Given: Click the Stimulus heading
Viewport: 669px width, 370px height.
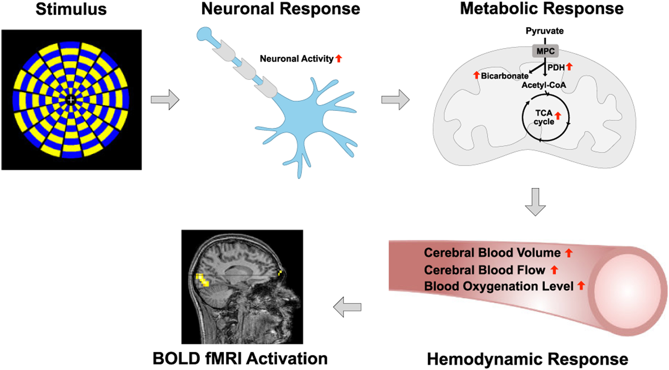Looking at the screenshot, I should click(x=71, y=9).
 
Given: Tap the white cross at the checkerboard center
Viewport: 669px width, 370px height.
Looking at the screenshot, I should click(x=71, y=100).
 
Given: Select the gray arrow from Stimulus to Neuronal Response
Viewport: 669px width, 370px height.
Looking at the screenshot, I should click(x=165, y=100).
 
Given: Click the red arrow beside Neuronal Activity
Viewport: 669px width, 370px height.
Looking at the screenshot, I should click(x=339, y=58).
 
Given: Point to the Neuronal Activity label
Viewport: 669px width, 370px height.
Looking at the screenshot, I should click(x=297, y=59).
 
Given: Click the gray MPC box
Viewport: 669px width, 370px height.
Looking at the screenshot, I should click(x=545, y=51).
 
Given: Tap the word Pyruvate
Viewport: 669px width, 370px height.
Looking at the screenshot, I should click(x=544, y=31).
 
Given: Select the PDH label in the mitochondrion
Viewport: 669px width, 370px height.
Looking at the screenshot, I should click(x=556, y=68).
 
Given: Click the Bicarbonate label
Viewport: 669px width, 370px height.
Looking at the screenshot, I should click(x=505, y=76).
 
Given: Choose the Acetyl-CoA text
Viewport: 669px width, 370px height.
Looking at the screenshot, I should click(x=544, y=85).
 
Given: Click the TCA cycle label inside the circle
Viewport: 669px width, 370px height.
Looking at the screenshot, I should click(x=544, y=118).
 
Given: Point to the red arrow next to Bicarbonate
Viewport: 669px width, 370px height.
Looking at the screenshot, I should click(x=476, y=75).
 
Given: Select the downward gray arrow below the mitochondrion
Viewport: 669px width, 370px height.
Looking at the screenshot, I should click(x=535, y=202).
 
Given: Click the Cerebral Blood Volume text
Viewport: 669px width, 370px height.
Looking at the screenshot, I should click(x=492, y=253).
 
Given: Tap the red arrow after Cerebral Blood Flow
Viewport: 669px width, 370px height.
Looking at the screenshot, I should click(x=554, y=270).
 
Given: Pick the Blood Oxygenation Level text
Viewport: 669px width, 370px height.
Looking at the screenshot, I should click(x=499, y=286).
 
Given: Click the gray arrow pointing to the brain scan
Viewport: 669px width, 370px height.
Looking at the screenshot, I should click(x=347, y=307).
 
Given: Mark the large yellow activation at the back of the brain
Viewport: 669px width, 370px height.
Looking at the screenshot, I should click(x=202, y=280).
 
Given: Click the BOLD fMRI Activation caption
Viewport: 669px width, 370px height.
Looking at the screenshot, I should click(x=240, y=359).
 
